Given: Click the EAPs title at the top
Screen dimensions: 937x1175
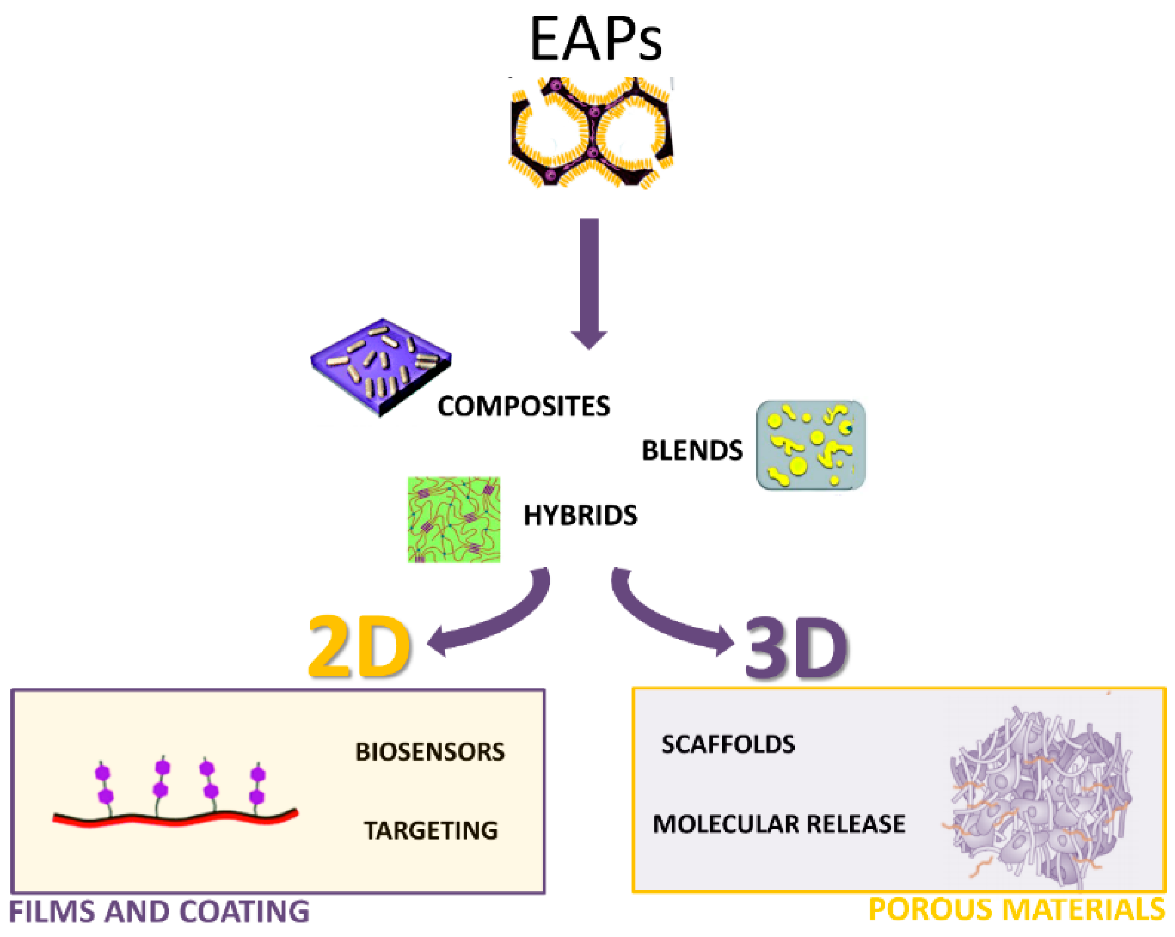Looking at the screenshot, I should (x=595, y=39).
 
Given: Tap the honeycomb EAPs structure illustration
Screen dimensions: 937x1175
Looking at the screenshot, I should (x=592, y=132).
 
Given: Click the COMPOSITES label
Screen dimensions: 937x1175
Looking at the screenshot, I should (x=523, y=407).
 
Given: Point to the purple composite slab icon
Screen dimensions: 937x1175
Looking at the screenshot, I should (x=381, y=366).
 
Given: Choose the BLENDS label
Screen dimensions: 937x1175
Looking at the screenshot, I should (x=692, y=451).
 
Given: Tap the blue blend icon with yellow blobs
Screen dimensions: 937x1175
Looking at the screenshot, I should (x=810, y=445).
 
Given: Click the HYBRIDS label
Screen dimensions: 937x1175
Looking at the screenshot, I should (x=580, y=516).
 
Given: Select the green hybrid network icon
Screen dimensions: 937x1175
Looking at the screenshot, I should (x=453, y=519).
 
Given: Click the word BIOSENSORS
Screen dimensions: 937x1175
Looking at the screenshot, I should (x=430, y=752).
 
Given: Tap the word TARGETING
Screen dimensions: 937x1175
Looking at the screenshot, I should (x=430, y=831).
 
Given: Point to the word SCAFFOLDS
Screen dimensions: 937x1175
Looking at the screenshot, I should (x=728, y=745).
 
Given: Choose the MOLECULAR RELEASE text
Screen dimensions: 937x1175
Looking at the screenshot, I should (x=779, y=824).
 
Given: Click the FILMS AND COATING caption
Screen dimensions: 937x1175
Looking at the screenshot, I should (x=159, y=912).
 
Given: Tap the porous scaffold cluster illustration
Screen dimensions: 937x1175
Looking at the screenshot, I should (x=1038, y=796).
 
